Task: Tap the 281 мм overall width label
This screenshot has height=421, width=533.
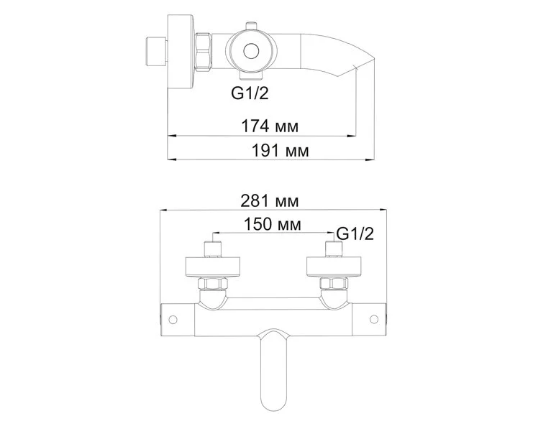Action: click(x=271, y=201)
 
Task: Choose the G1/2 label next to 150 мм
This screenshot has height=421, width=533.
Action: click(x=355, y=233)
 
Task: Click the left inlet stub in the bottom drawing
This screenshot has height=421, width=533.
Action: click(x=214, y=249)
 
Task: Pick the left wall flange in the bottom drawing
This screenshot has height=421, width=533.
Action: click(x=214, y=266)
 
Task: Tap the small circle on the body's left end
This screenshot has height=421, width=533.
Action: click(x=173, y=318)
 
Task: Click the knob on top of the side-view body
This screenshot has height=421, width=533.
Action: click(x=251, y=27)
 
